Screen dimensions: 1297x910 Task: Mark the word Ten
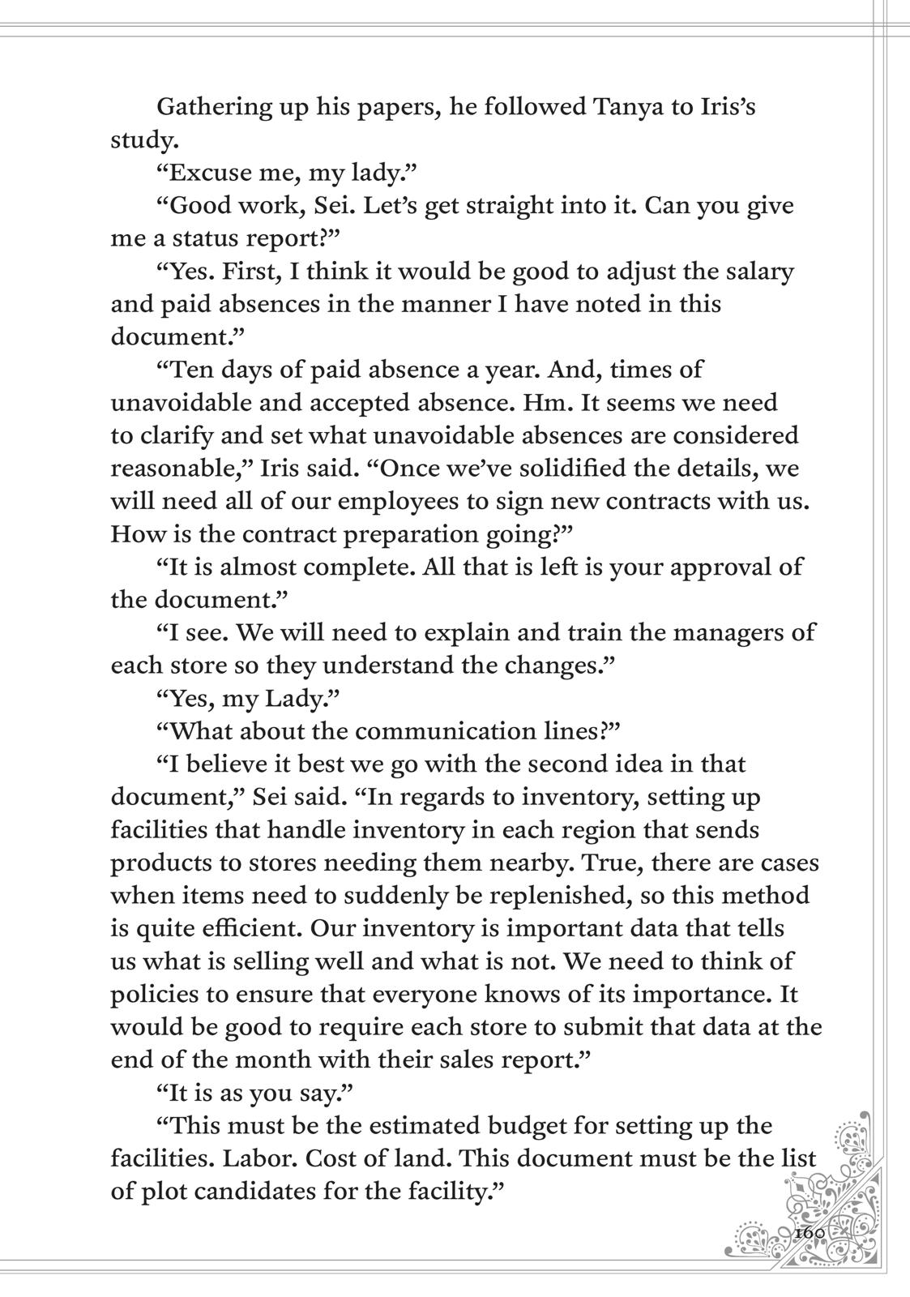click(x=189, y=370)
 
